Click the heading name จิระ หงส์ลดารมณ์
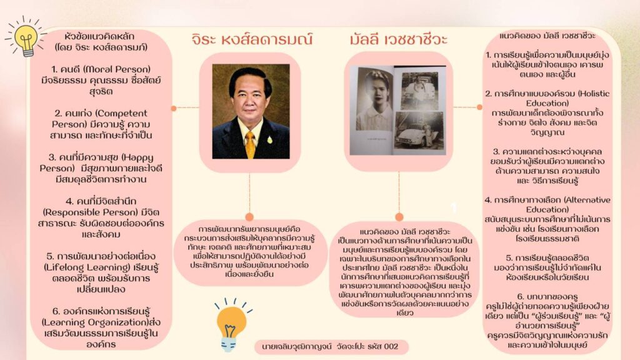(252, 39)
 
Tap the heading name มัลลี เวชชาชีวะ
(398, 39)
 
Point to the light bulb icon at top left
(26, 37)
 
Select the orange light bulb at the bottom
(232, 325)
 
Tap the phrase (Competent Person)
(101, 118)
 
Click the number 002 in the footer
(391, 346)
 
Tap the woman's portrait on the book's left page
(374, 99)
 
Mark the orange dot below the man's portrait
(249, 217)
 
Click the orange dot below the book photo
(399, 217)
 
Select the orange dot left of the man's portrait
(174, 108)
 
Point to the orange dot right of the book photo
(479, 107)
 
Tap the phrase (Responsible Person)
(101, 212)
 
